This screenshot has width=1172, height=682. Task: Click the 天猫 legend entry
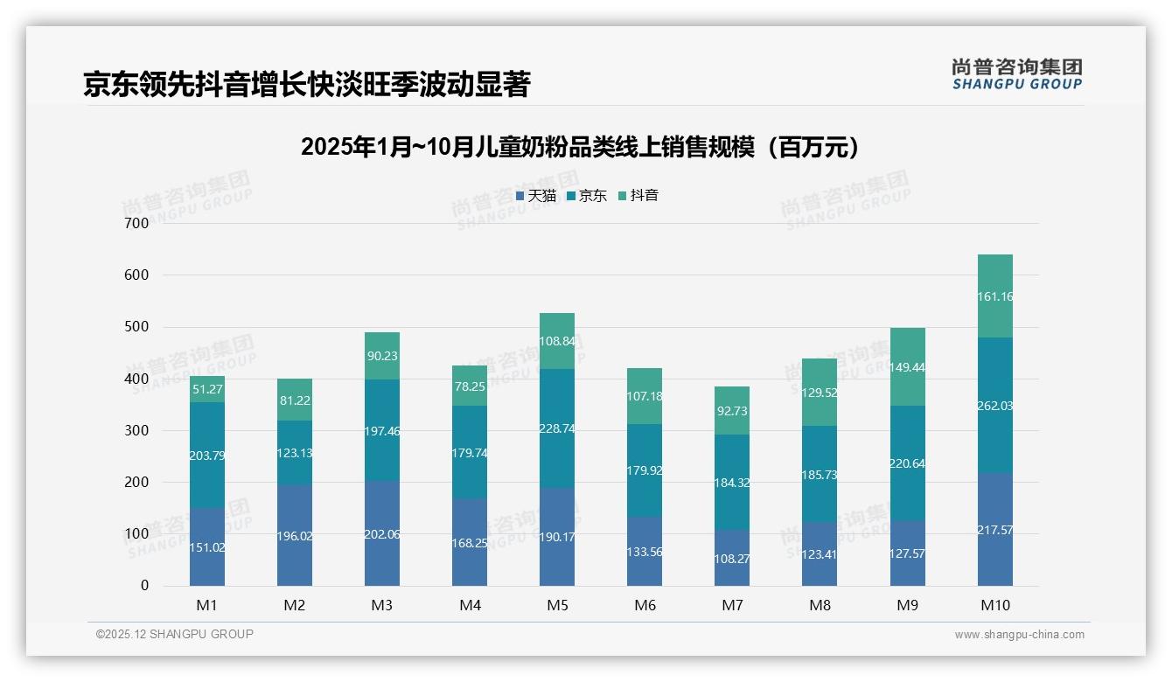pos(536,196)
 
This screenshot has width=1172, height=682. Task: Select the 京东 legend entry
pos(587,196)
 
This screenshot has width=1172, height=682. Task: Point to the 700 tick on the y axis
pos(137,223)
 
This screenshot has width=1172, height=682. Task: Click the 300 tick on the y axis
pos(137,430)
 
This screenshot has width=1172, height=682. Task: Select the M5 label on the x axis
pos(557,605)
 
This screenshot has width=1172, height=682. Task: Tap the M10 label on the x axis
pos(994,605)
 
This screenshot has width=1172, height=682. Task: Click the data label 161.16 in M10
pos(995,296)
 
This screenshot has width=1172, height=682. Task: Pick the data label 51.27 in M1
pos(207,389)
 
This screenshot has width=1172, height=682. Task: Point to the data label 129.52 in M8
pos(820,393)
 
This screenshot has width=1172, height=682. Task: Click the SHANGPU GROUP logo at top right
pos(1016,73)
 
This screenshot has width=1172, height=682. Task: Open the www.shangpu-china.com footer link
pos(1019,635)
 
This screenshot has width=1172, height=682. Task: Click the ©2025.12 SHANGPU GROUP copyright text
pos(175,634)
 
